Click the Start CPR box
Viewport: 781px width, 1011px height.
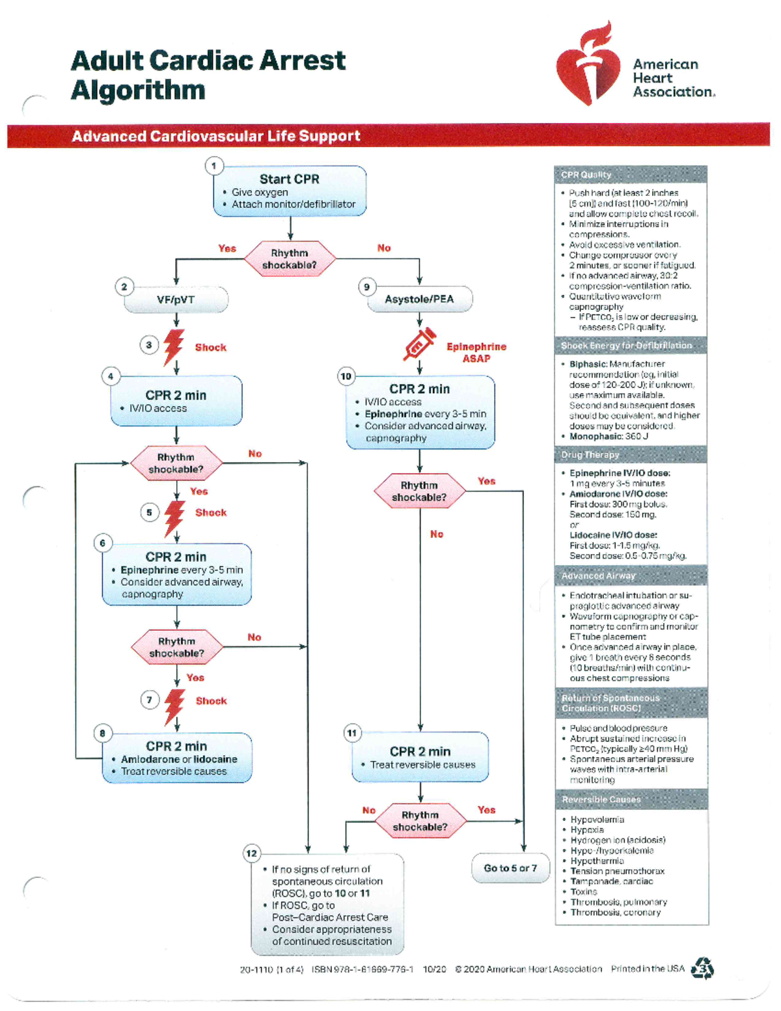[290, 191]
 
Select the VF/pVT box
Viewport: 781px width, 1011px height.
[176, 300]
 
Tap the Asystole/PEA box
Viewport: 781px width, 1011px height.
[419, 299]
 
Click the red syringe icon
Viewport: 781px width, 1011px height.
[419, 344]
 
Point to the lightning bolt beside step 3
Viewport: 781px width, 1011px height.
[174, 346]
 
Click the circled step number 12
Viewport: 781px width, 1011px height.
[252, 853]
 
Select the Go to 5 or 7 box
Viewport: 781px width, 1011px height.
[510, 868]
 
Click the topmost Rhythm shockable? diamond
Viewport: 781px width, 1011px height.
[290, 259]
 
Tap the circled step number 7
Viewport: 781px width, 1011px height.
[150, 700]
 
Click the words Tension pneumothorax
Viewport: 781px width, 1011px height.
[617, 871]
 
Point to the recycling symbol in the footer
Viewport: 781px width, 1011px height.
[703, 968]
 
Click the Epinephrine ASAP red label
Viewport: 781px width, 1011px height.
[476, 352]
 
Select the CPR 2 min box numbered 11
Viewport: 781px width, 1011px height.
[420, 757]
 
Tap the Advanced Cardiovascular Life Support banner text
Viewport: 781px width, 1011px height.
[215, 136]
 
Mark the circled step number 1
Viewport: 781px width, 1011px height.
[213, 166]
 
